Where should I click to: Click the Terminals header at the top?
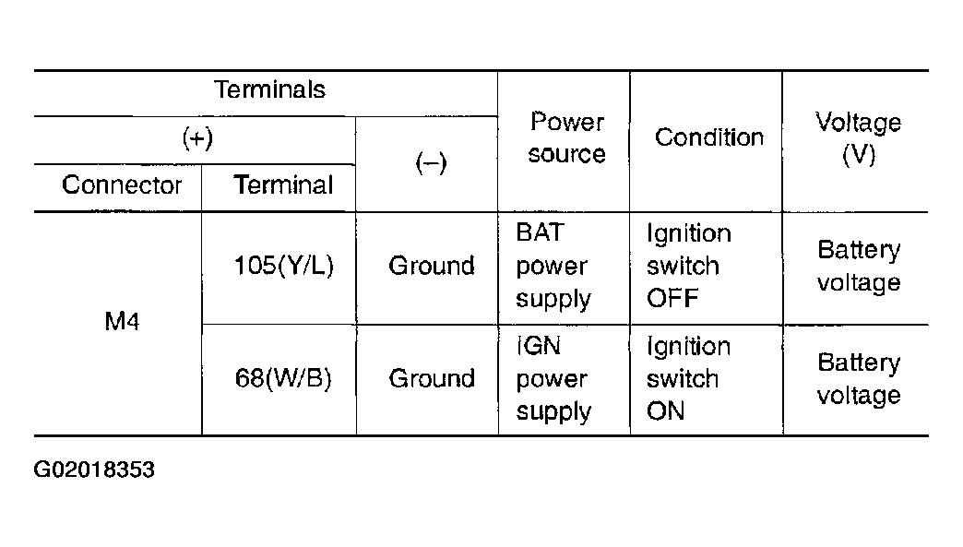[x=269, y=89]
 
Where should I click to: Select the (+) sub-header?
[x=197, y=138]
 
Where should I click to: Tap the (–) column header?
[x=431, y=162]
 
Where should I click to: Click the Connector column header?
[x=122, y=184]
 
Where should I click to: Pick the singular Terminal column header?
[x=283, y=184]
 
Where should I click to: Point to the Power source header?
[x=567, y=137]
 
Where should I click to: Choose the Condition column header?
[x=709, y=137]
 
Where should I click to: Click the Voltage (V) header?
[x=859, y=138]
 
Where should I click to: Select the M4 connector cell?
[x=122, y=321]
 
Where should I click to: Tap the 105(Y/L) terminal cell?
[x=284, y=266]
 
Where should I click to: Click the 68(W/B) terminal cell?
[x=283, y=378]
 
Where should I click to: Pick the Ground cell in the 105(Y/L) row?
[x=432, y=266]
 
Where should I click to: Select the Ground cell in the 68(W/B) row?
[x=432, y=378]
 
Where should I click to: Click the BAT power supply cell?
[x=553, y=266]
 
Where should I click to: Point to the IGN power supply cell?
[x=553, y=379]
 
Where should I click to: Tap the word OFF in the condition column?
[x=672, y=298]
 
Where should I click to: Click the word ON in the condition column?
[x=666, y=410]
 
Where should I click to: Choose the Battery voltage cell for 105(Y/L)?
[x=859, y=267]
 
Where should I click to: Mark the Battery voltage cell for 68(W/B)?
[x=859, y=379]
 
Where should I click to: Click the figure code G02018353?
[x=94, y=470]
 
